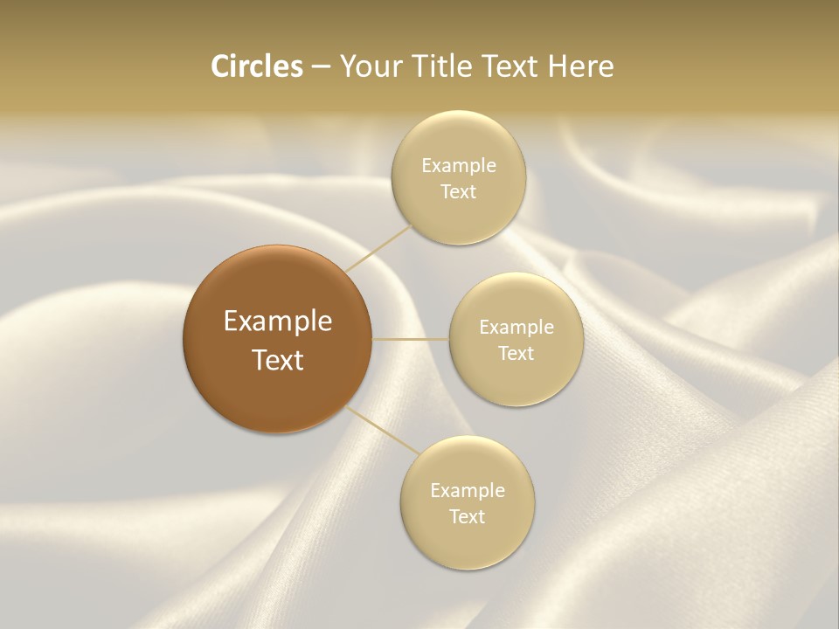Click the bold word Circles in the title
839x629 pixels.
[256, 66]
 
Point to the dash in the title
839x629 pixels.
[321, 67]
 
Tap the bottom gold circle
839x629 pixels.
[467, 542]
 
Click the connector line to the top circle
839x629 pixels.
[379, 247]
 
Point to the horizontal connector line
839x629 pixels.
[411, 339]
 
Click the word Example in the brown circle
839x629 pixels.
[278, 321]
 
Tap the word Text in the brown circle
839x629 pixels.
[278, 360]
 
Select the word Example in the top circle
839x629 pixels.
[459, 165]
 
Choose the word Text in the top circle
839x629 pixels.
[459, 191]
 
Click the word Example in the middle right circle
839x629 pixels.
[517, 327]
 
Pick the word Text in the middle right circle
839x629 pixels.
[517, 353]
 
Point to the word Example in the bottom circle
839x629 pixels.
[468, 490]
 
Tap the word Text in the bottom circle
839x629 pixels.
[468, 516]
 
